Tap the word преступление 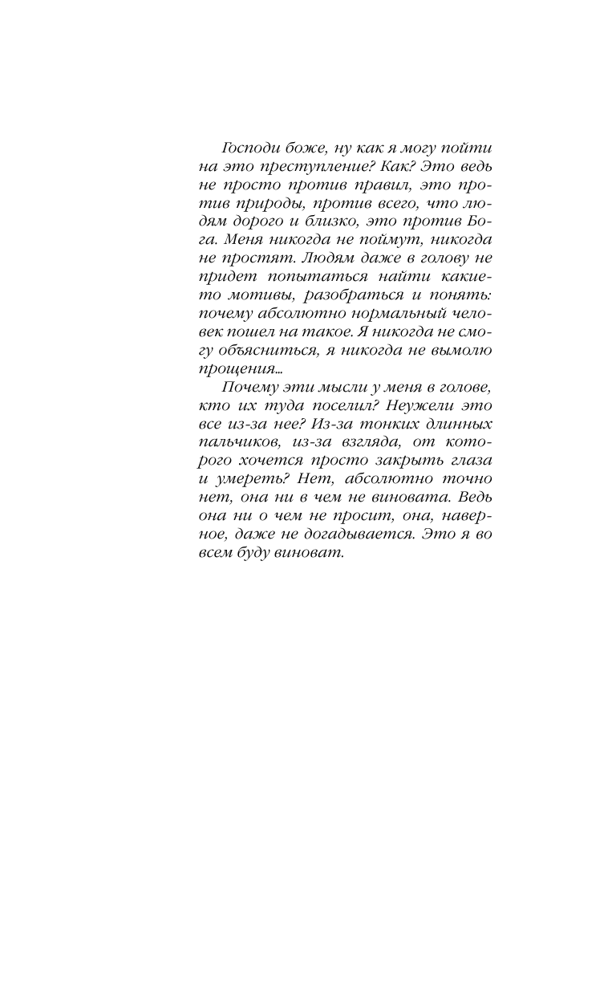tap(298, 169)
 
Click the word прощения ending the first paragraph tap(237, 369)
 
